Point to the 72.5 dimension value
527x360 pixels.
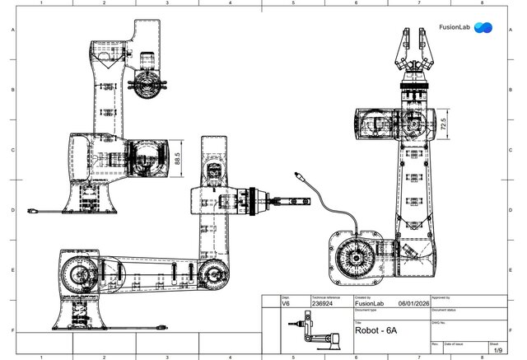pyautogui.click(x=444, y=128)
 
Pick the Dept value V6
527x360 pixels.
pyautogui.click(x=287, y=302)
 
